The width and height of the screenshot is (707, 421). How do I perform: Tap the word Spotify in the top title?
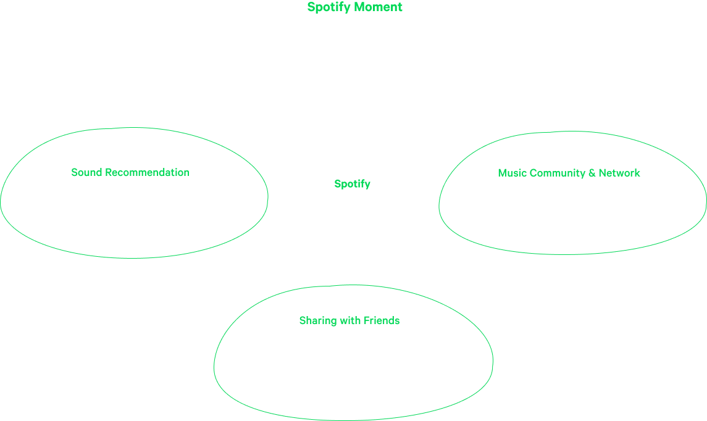[328, 7]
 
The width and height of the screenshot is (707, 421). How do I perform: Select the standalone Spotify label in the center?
[352, 184]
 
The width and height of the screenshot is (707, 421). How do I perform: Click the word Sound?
[86, 172]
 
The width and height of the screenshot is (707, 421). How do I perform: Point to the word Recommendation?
[147, 172]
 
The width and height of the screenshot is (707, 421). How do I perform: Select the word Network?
[619, 173]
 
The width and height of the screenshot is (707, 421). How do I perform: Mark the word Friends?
[382, 320]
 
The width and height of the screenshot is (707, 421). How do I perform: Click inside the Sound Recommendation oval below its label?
[133, 216]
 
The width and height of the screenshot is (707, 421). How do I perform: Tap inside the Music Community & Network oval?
[572, 212]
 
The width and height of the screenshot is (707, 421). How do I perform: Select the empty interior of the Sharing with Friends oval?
[353, 370]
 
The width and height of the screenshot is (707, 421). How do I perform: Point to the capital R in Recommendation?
[108, 172]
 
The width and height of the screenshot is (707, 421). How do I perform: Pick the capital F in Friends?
[366, 320]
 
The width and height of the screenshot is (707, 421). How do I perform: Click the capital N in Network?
[603, 173]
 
